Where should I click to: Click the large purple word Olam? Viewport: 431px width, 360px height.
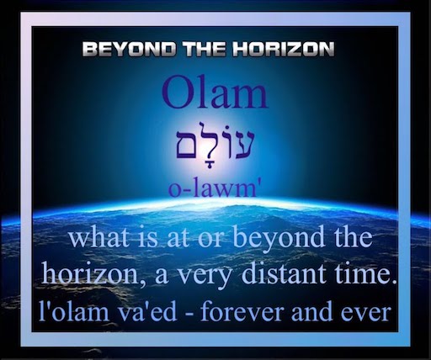click(x=214, y=92)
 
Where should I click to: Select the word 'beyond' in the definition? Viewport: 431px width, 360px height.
click(x=279, y=239)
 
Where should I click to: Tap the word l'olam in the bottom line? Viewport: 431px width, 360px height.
click(x=73, y=310)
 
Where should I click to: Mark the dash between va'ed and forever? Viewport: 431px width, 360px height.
click(x=188, y=314)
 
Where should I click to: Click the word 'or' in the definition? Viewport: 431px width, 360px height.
click(x=210, y=241)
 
